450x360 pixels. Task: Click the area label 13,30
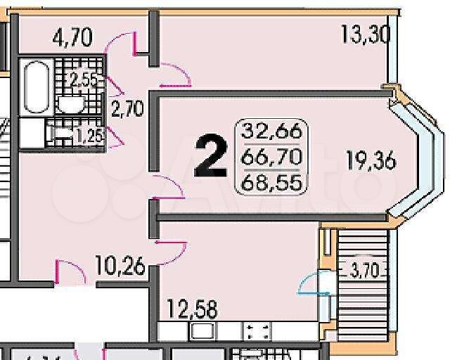366,33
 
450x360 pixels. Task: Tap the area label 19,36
371,161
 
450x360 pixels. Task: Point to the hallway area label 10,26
120,266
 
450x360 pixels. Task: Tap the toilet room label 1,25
89,134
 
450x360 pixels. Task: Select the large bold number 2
210,156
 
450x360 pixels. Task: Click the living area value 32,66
271,131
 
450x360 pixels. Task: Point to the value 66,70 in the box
271,157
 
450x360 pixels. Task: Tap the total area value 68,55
271,184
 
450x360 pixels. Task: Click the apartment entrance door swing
69,272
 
